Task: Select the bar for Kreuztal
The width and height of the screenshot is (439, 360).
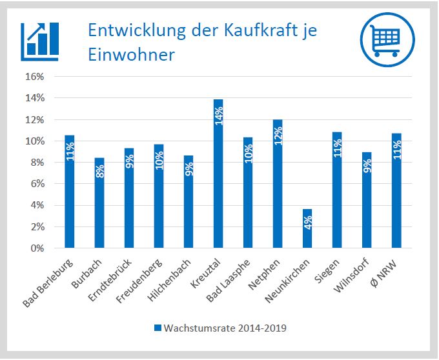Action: (x=218, y=174)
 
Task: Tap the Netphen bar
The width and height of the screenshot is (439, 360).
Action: (x=278, y=184)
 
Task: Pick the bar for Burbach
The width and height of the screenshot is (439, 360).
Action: (x=99, y=203)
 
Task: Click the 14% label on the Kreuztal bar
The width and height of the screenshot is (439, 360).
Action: (x=219, y=116)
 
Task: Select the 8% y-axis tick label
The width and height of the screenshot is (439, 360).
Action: (x=37, y=163)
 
